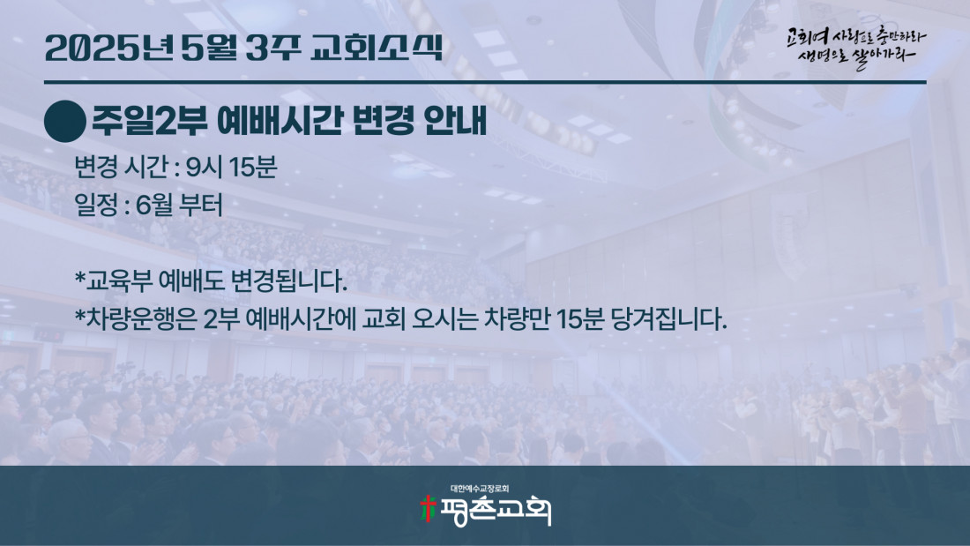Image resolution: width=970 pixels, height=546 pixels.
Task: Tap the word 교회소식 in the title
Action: [377, 47]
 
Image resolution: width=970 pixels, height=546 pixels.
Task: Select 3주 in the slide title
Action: [272, 48]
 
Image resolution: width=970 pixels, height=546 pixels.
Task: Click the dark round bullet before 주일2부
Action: [65, 122]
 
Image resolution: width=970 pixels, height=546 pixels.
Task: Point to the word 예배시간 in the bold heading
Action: [280, 120]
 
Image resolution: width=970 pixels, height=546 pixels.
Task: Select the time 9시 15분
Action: [231, 167]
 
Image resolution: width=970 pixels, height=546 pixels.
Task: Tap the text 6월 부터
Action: [179, 205]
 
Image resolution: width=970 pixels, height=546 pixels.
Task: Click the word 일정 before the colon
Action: [96, 205]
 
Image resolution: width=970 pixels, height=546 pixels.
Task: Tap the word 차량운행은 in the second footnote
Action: [141, 319]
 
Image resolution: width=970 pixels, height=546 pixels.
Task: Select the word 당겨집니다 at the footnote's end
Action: [668, 319]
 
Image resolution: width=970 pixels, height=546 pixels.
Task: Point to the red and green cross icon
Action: [428, 509]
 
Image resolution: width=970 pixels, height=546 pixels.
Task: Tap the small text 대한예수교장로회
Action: [480, 489]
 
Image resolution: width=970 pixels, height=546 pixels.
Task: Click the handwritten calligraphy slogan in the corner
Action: [857, 48]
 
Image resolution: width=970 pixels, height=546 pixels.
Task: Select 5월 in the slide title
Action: [209, 48]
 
